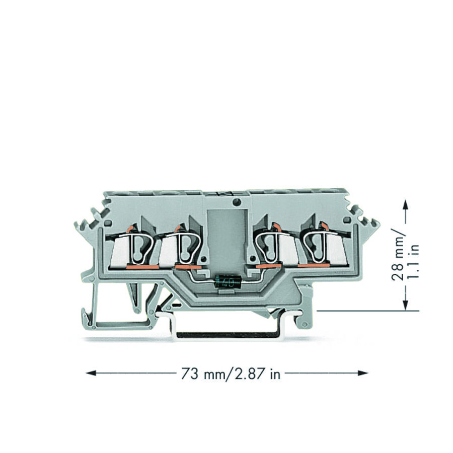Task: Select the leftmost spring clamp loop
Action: click(x=139, y=247)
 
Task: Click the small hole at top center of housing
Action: click(x=236, y=203)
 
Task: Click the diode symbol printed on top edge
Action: click(x=225, y=193)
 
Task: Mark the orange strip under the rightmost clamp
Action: click(x=314, y=265)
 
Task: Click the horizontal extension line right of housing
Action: click(x=367, y=311)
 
